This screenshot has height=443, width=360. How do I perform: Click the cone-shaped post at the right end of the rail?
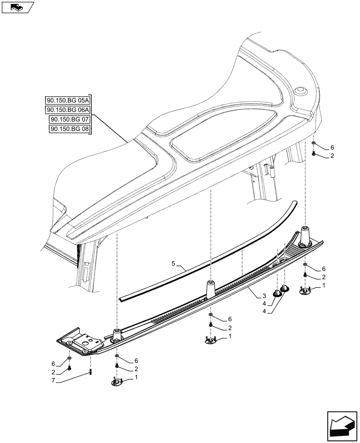click(305, 236)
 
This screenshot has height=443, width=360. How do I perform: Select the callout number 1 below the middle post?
click(230, 337)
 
